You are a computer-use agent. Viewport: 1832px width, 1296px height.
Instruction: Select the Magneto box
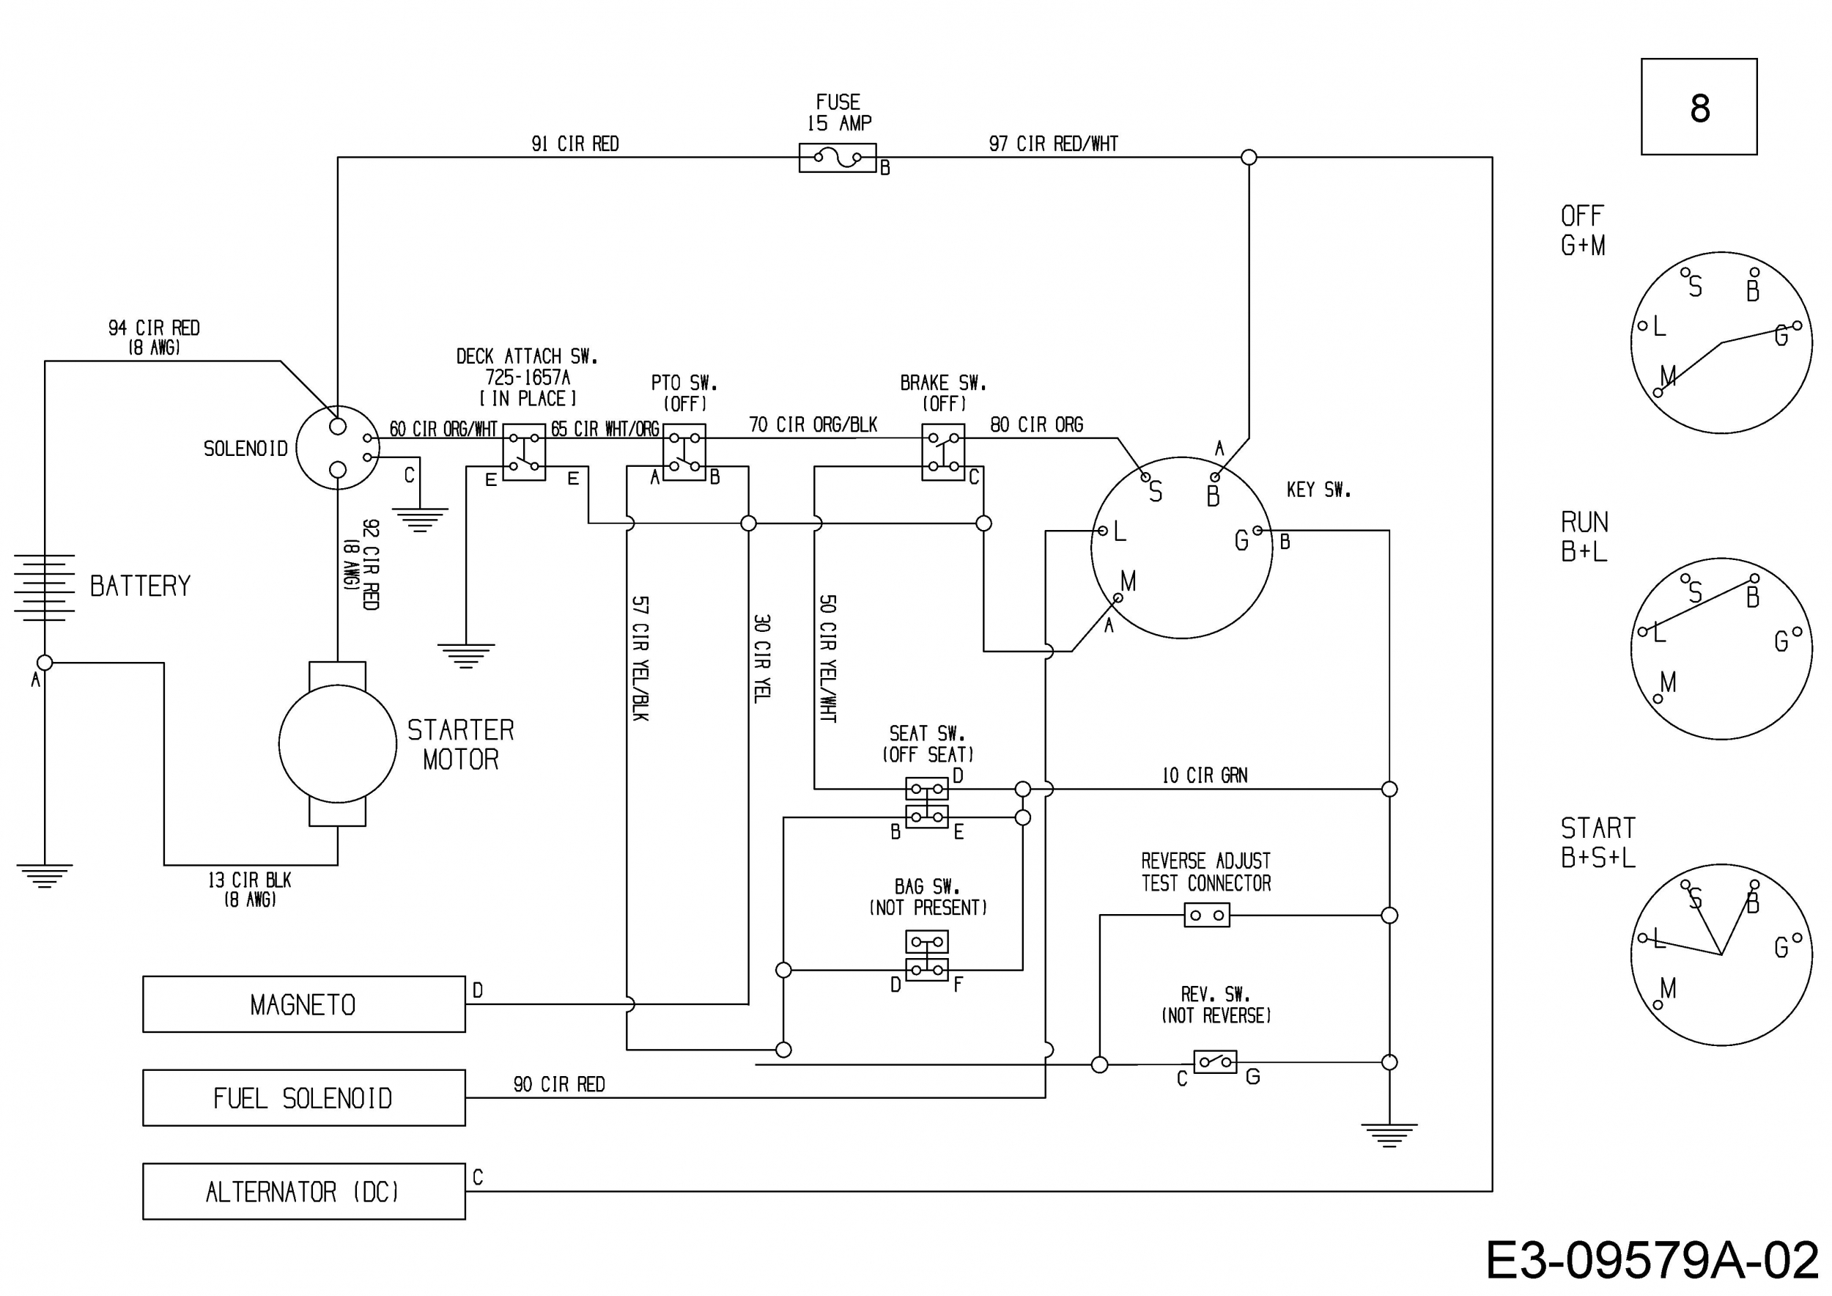pos(304,1004)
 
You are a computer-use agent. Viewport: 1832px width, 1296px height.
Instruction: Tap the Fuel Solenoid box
pos(304,1098)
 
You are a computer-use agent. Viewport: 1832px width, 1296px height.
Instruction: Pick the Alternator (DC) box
pos(304,1191)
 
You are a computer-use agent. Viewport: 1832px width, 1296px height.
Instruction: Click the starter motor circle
pos(338,744)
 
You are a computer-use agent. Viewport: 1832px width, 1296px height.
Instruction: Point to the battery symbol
pos(45,586)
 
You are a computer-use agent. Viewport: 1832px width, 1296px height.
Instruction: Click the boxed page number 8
pos(1699,107)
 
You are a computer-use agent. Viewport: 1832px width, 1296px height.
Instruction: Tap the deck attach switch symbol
pos(524,452)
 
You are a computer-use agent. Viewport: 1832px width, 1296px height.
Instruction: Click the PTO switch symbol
pos(684,452)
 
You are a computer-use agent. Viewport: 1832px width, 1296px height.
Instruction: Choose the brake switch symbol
pos(943,452)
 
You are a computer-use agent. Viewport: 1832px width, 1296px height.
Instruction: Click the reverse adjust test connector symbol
pos(1207,916)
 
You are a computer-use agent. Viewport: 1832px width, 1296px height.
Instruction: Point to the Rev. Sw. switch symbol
pos(1215,1062)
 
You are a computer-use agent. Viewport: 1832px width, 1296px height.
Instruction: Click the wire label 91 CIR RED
pos(575,144)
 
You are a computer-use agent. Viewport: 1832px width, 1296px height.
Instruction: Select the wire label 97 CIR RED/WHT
pos(1053,144)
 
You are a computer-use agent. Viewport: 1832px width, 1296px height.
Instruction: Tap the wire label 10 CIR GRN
pos(1205,775)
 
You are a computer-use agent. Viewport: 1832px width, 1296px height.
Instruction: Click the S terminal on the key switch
pos(1146,478)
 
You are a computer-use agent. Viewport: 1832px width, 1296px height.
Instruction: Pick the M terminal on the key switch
pos(1119,597)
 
